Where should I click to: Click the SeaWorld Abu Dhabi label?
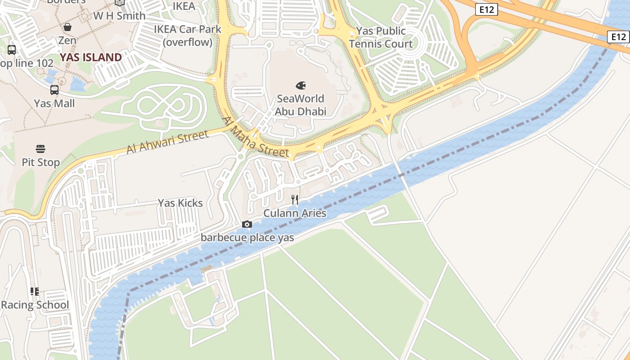301,105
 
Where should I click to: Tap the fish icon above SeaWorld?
301,85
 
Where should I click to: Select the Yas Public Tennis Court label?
381,37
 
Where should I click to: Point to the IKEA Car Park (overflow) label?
187,36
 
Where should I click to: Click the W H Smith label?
119,16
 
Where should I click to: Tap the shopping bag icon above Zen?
67,27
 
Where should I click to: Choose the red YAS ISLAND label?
91,57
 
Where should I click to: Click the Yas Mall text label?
54,103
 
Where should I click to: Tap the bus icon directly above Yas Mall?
54,90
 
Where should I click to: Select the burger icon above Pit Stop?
40,149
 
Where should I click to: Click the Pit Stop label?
40,162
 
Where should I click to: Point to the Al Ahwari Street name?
167,142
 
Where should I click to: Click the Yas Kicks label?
180,203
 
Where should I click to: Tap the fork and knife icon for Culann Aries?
295,199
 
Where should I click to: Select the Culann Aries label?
295,213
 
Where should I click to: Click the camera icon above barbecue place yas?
247,224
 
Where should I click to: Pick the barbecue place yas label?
247,237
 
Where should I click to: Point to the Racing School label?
35,305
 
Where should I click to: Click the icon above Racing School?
35,292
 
